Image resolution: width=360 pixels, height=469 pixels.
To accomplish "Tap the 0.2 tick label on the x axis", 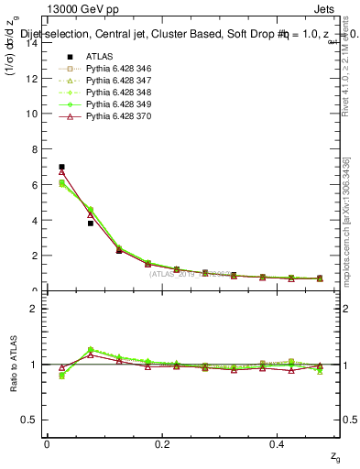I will click(x=162, y=443).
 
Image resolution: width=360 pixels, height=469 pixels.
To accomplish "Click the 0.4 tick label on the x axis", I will click(x=278, y=443).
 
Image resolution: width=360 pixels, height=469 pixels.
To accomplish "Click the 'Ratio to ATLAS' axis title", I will click(x=12, y=364).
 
